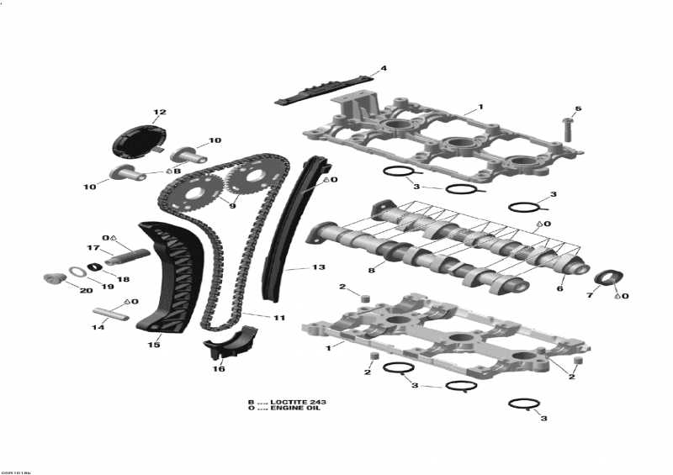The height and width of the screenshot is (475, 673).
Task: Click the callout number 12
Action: [159, 113]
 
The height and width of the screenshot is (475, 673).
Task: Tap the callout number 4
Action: [384, 68]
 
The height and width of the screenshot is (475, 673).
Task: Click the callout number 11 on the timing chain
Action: [278, 318]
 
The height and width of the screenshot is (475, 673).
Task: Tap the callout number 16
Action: [219, 368]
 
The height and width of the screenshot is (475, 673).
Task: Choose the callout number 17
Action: [94, 247]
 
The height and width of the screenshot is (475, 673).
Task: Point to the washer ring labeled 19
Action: [77, 271]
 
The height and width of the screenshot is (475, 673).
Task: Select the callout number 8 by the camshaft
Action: [371, 269]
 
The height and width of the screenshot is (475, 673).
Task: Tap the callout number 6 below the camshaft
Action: [560, 289]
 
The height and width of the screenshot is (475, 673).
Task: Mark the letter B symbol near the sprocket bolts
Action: [177, 171]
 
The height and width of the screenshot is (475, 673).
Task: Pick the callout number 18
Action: [123, 279]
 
